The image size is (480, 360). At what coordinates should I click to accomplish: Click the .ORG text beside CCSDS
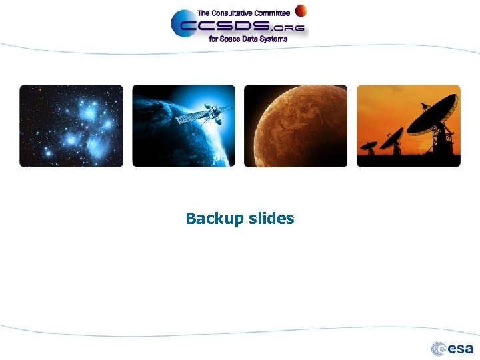(289, 29)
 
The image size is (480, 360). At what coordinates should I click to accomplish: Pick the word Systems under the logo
(273, 39)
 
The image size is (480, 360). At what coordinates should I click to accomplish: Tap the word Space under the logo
(231, 39)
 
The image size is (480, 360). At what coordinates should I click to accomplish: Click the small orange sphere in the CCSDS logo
(301, 11)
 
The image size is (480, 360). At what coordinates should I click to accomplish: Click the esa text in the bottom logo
(461, 349)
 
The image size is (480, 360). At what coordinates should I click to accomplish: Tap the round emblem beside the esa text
(439, 349)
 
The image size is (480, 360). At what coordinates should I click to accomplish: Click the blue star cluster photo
(71, 126)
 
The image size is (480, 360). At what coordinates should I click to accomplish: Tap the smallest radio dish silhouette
(368, 144)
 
